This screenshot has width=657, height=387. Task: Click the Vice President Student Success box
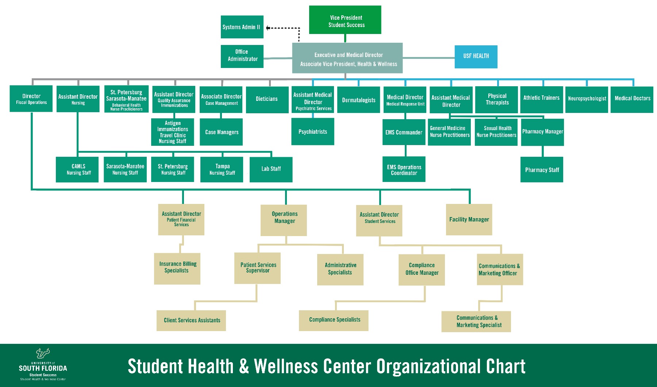(x=345, y=20)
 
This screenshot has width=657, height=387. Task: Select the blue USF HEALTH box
(x=476, y=57)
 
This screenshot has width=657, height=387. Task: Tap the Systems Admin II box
(x=242, y=27)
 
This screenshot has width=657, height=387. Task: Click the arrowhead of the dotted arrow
(x=268, y=28)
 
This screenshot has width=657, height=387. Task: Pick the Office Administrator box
(x=242, y=56)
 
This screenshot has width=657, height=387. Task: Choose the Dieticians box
(x=267, y=99)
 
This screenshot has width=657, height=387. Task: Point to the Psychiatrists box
(x=312, y=132)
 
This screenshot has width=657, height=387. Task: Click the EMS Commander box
(x=404, y=132)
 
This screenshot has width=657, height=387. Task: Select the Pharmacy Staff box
(x=542, y=170)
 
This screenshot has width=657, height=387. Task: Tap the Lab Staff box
(x=271, y=169)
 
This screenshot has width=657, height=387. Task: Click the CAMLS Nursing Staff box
(x=77, y=169)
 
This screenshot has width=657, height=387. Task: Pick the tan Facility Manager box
(x=469, y=219)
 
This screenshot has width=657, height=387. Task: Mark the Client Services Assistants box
(x=191, y=320)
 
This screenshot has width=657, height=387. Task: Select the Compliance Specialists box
(x=334, y=320)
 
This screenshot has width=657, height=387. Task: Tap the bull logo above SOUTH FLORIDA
(x=43, y=353)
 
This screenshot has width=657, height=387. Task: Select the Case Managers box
(x=221, y=132)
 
